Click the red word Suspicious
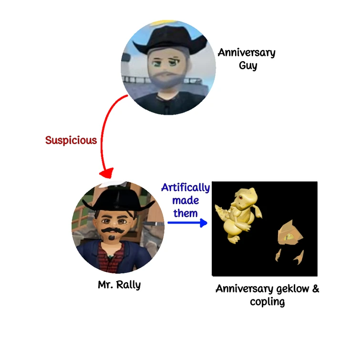(71, 140)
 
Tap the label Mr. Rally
(119, 285)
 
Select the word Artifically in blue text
(185, 187)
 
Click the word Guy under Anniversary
(248, 65)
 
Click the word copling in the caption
(267, 302)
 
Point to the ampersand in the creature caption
(315, 289)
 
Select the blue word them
(185, 213)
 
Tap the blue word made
(185, 200)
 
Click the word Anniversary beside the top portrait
(247, 52)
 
